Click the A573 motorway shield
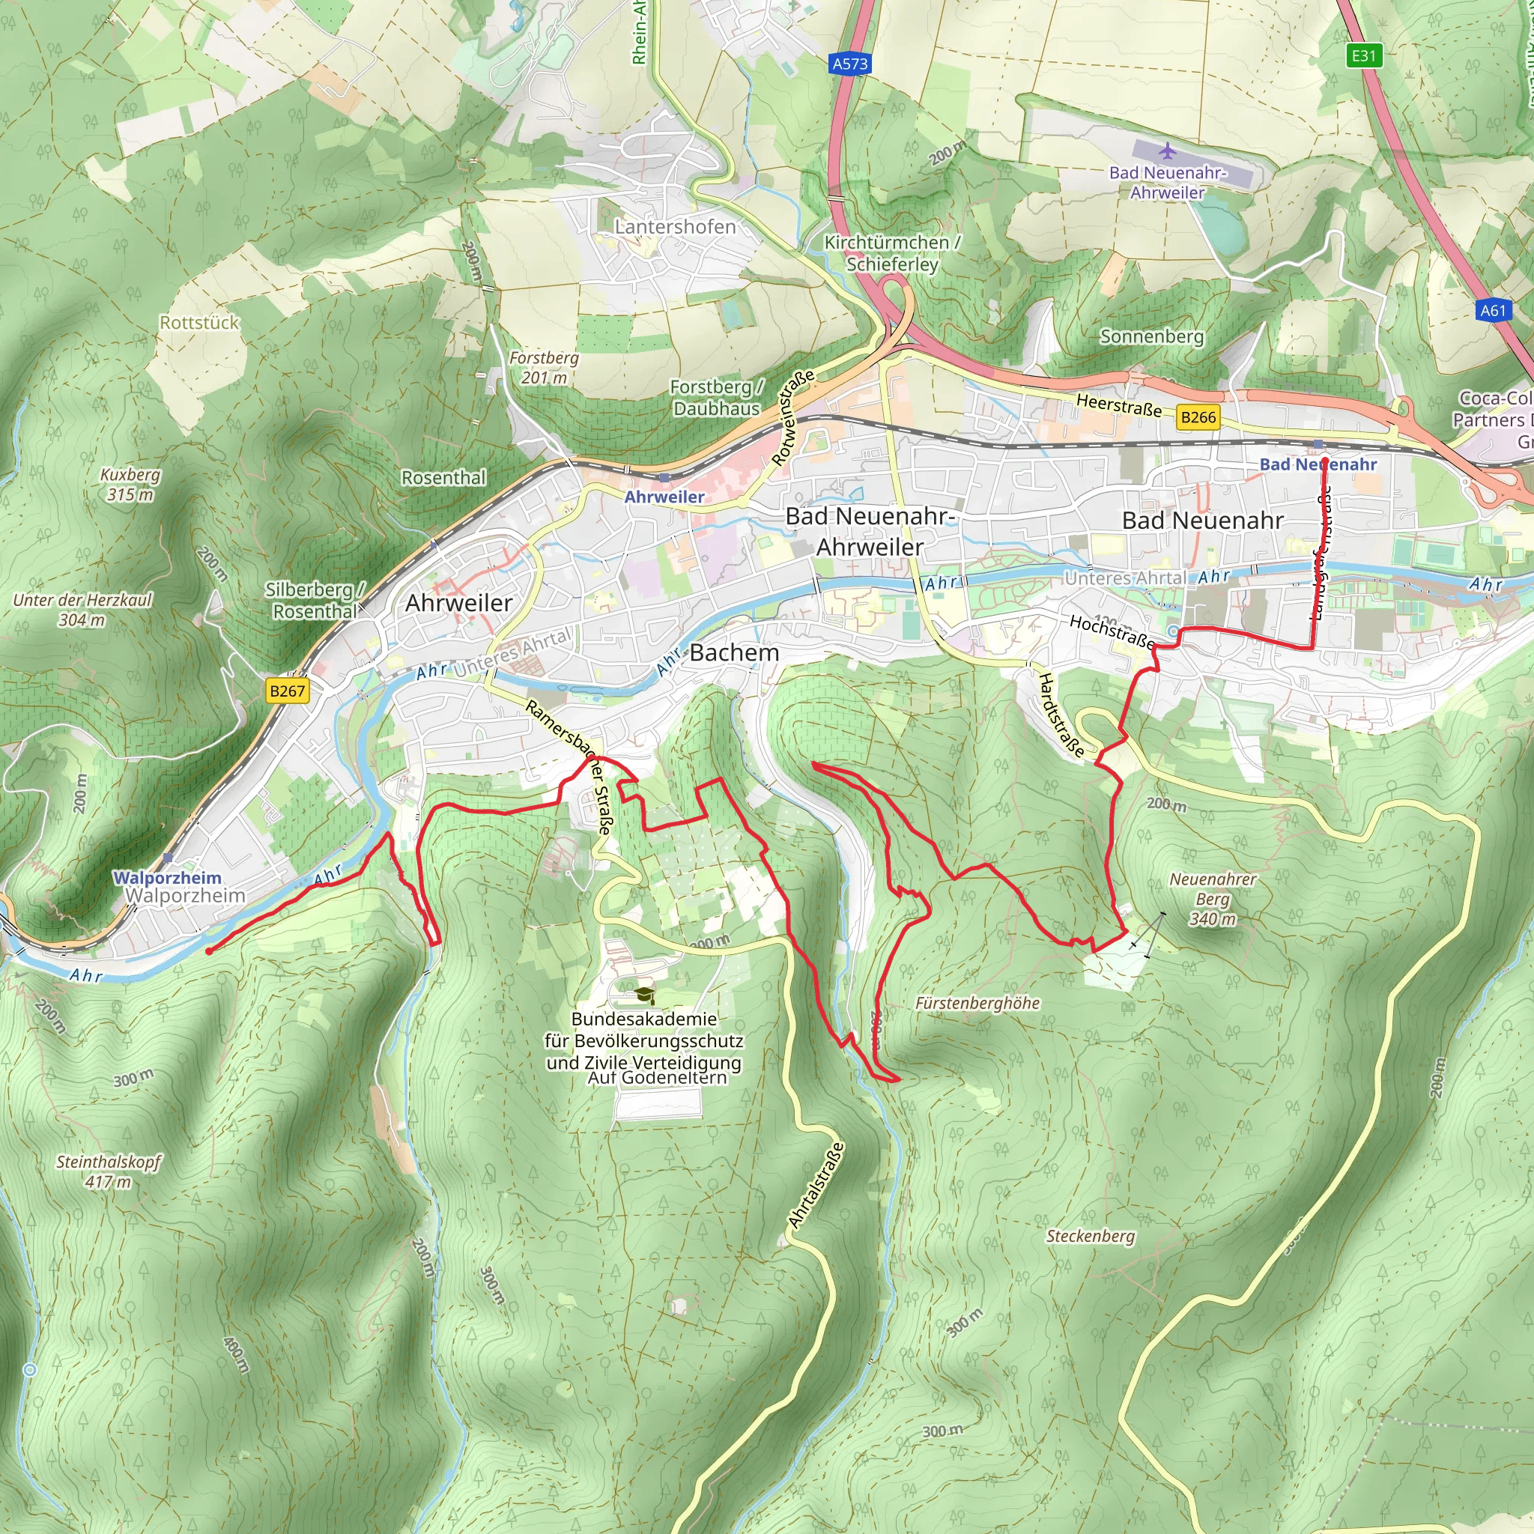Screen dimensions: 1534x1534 point(849,64)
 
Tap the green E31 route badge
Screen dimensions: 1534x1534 point(1363,55)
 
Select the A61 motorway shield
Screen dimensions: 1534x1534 point(1493,310)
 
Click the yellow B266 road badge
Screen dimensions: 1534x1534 point(1198,417)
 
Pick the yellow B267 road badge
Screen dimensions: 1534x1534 point(287,690)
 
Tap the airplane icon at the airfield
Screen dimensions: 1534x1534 point(1167,150)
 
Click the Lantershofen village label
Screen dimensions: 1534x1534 point(675,227)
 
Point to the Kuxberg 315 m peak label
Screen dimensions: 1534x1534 point(130,485)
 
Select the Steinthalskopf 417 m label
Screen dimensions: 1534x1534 point(108,1171)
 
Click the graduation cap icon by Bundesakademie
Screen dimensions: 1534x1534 point(645,995)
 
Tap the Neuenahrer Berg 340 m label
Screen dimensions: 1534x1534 point(1213,899)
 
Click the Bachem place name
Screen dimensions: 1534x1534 point(733,652)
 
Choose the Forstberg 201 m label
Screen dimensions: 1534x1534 point(544,368)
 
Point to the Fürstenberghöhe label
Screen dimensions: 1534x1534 point(977,1003)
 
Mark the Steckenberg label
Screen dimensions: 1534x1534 point(1090,1236)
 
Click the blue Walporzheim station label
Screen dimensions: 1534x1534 point(167,877)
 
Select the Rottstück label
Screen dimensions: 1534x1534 point(199,322)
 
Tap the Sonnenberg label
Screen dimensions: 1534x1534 point(1151,336)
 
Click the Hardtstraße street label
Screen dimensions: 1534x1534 point(1061,715)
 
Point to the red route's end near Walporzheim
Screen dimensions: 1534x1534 point(209,951)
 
